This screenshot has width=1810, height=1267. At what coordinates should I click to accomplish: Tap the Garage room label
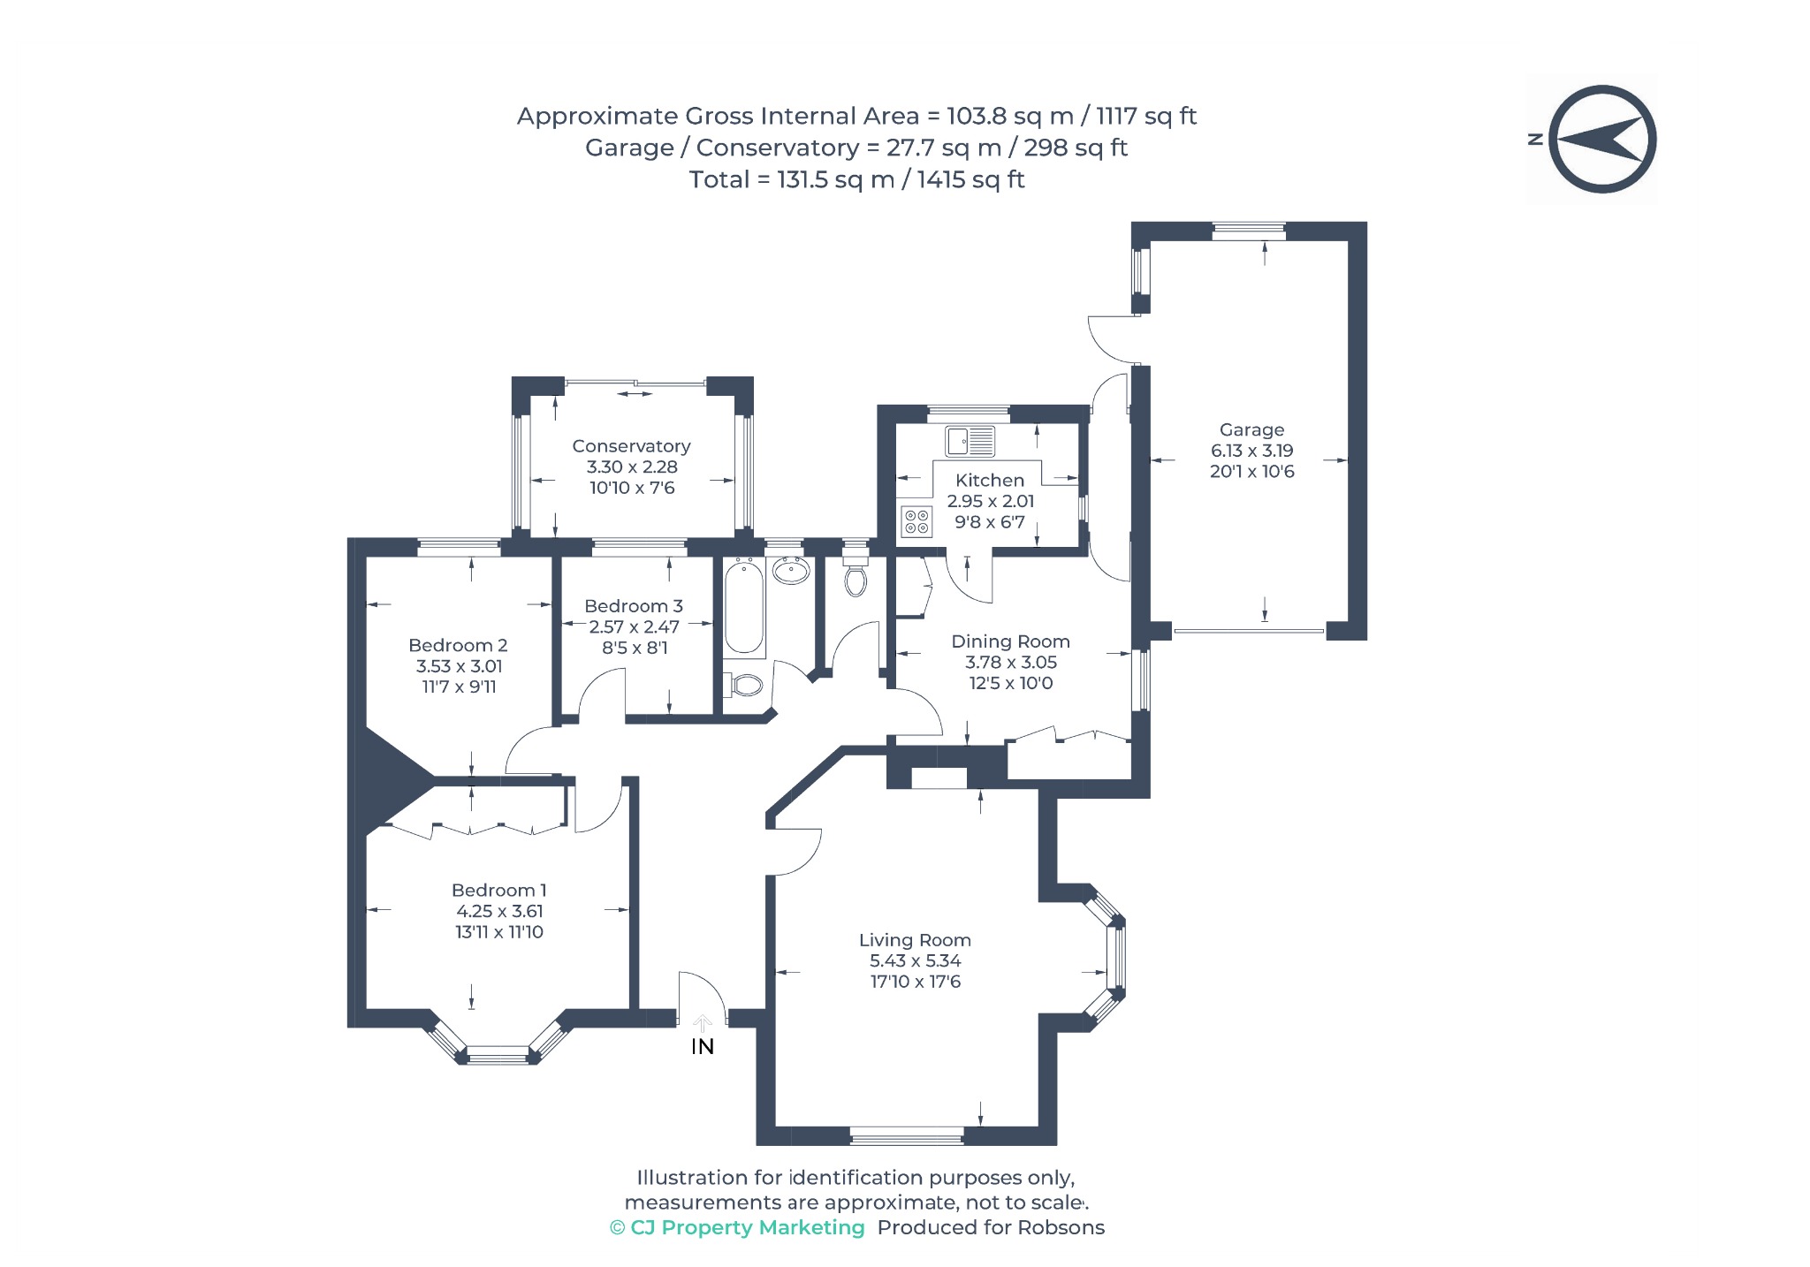[1251, 430]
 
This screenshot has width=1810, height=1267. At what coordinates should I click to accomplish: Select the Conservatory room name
[631, 446]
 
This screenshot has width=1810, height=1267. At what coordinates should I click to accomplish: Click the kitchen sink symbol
[970, 440]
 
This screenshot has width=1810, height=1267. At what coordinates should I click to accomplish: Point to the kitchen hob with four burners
[916, 521]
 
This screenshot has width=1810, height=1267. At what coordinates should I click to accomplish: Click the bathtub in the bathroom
[744, 607]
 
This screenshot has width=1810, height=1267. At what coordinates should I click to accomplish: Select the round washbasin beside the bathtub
[791, 572]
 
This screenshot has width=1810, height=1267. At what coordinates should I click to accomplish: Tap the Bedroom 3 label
[634, 606]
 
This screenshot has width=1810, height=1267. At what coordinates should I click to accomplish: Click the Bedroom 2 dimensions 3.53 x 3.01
[460, 666]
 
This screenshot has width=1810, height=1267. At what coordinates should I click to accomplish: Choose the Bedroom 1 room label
[498, 891]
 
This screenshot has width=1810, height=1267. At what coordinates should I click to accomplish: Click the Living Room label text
[915, 940]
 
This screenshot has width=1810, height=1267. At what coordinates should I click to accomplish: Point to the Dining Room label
[1010, 641]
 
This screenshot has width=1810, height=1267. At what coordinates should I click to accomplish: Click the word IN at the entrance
[703, 1047]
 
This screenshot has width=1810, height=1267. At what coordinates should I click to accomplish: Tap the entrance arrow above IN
[703, 1023]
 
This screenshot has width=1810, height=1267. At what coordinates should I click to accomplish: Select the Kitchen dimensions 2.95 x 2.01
[990, 501]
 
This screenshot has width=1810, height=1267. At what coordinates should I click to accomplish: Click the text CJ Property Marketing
[748, 1227]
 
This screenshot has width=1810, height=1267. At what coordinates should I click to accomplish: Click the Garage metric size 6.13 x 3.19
[1251, 451]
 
